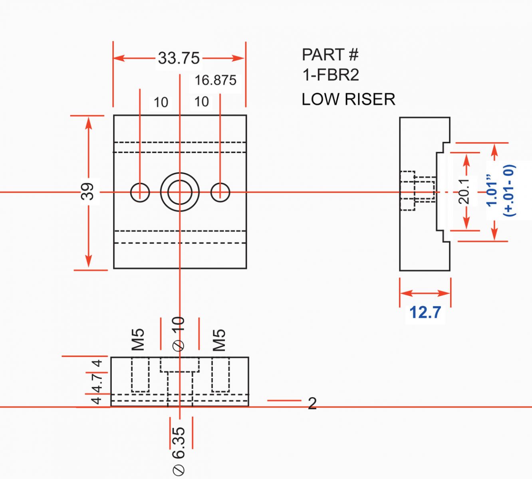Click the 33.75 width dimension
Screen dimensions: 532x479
[179, 58]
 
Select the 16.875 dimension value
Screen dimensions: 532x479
[215, 80]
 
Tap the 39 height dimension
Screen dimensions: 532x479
[87, 191]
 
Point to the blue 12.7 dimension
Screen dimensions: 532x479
[425, 312]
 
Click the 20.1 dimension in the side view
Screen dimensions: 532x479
[464, 191]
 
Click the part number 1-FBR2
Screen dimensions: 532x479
[331, 75]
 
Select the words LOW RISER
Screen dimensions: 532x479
[349, 99]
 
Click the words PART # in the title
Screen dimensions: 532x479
[330, 55]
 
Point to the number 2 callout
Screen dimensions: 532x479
[312, 404]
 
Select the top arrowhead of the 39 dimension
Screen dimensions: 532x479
[89, 123]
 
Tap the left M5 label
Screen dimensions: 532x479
[138, 340]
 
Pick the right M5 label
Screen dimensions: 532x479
[219, 340]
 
